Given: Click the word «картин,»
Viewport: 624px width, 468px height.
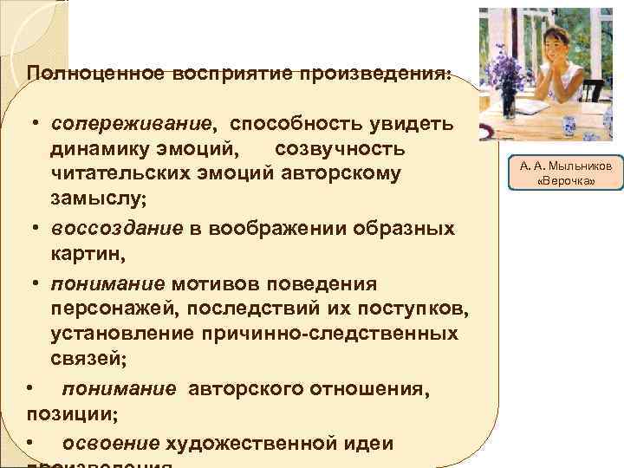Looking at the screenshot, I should coord(88,256).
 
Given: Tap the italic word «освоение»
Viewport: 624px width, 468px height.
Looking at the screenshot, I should coord(111,443).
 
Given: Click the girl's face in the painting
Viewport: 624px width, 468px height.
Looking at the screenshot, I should coord(545,49).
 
